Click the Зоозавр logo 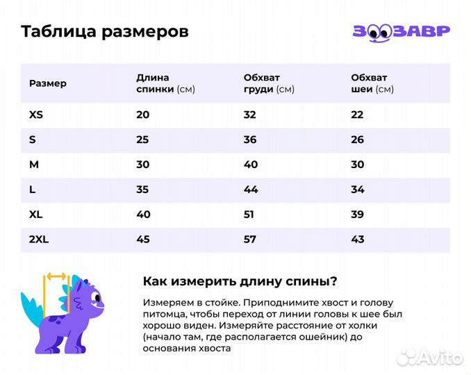click(401, 32)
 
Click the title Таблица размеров click(104, 32)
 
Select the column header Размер click(48, 83)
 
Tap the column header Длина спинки click(165, 83)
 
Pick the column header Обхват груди click(269, 83)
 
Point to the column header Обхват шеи click(372, 83)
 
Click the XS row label click(36, 115)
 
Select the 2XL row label click(39, 240)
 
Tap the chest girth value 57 click(250, 240)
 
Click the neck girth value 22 click(357, 115)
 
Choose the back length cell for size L click(143, 190)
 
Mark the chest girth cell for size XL click(249, 215)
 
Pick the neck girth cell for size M click(357, 165)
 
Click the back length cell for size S click(143, 140)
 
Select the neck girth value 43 click(357, 240)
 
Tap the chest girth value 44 click(250, 190)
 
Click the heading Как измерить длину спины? click(240, 281)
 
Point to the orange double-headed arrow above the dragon click(55, 276)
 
